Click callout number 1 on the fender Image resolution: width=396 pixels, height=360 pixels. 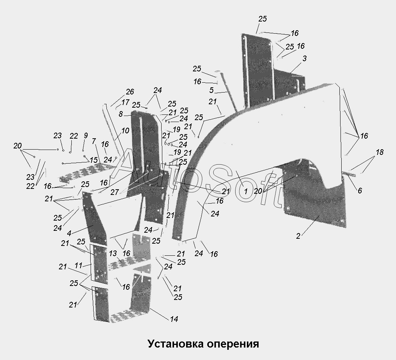coord(246,191)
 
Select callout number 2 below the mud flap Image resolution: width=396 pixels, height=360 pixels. coord(298,236)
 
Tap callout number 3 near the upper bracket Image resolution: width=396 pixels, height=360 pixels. coord(305,58)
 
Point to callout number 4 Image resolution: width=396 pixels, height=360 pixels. coord(69,233)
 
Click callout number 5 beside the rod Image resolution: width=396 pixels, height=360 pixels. coord(211,90)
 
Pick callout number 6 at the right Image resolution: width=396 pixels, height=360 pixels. coord(360,190)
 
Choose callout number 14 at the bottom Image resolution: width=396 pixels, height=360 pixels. coord(174,319)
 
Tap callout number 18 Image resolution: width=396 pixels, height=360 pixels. coord(380,152)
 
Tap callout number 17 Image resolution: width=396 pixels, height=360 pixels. coord(125,102)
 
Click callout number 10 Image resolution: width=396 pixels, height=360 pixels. coord(125,131)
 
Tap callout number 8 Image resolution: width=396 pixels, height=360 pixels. coord(121,114)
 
